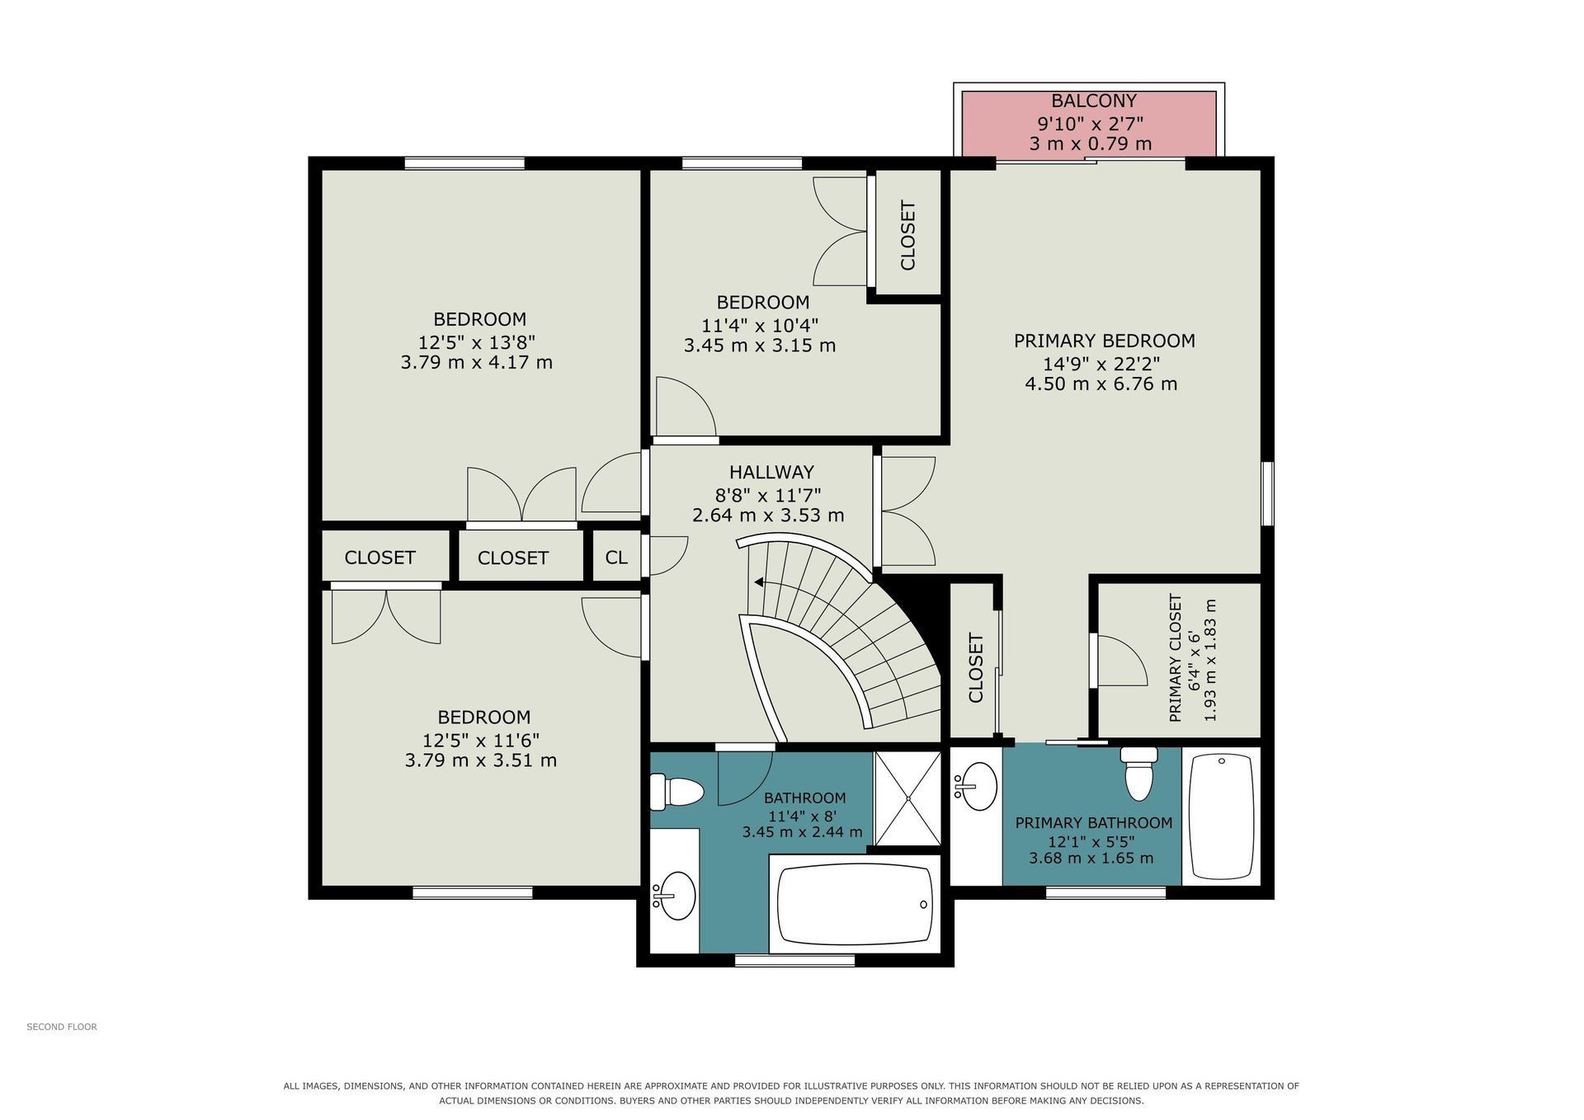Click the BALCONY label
tap(1093, 101)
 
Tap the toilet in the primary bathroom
tap(1138, 774)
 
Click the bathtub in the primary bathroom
tap(1222, 816)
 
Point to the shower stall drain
tap(907, 798)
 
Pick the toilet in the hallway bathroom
tap(676, 792)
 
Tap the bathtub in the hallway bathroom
tap(855, 905)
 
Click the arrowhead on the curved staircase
tap(758, 581)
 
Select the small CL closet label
tap(616, 558)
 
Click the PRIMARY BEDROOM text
tap(1104, 341)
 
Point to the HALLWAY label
tap(771, 473)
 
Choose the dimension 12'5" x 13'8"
tap(477, 341)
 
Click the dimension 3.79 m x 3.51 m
tap(480, 760)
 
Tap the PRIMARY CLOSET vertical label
tap(1176, 658)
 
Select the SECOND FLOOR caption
tap(62, 1027)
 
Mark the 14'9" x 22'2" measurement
tap(1101, 363)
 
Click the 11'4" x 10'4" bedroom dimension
tap(760, 324)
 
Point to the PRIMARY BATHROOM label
tap(1093, 823)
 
